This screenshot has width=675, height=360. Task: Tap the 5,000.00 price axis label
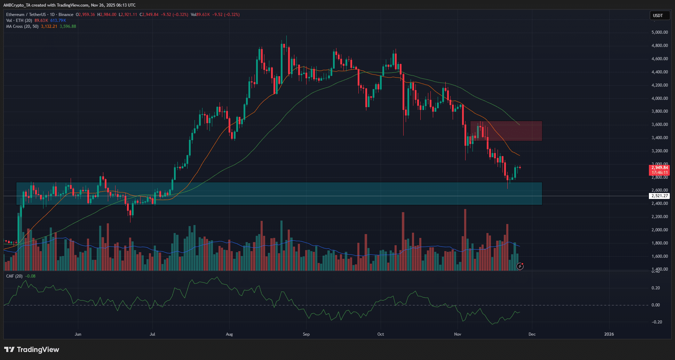(659, 32)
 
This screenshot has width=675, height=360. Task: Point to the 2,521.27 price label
(659, 196)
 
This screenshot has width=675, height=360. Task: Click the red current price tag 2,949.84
(659, 168)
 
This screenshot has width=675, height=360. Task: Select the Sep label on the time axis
(306, 334)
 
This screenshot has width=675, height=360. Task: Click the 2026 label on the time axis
(609, 334)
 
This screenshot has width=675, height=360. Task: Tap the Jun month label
(78, 334)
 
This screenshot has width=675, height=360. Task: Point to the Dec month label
(532, 334)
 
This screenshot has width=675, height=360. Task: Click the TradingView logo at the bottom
(32, 350)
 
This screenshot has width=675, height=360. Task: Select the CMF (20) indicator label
(14, 276)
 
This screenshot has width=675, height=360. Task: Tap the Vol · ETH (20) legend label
(19, 21)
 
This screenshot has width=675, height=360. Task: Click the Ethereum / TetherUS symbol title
(26, 15)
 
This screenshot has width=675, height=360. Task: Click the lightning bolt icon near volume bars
(520, 266)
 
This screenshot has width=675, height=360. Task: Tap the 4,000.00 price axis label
(659, 98)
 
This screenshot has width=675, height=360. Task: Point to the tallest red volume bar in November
(465, 240)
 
